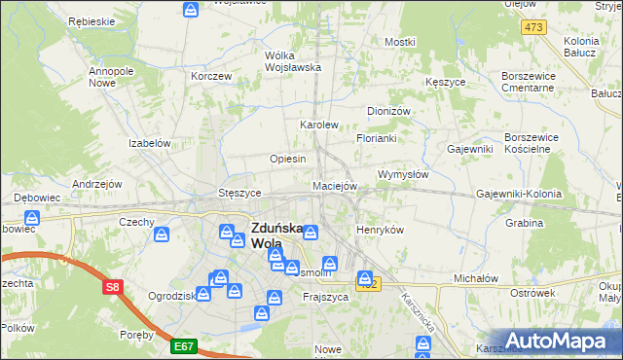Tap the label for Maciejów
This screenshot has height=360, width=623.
[x=336, y=185]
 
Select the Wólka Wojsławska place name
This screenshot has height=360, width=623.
[x=293, y=60]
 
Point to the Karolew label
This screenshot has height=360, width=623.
[x=318, y=125]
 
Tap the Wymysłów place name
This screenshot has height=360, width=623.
[x=402, y=174]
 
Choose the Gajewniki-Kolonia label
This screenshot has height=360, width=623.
[x=519, y=194]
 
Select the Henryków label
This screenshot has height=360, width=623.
[x=380, y=230]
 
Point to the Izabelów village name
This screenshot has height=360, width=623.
[x=150, y=142]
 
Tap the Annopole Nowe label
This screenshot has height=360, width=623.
[x=110, y=77]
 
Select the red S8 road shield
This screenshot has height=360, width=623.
[x=114, y=287]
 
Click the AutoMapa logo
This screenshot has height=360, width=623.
[x=559, y=341]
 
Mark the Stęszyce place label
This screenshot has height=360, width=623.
[x=238, y=193]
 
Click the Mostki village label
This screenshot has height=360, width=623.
[x=399, y=42]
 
